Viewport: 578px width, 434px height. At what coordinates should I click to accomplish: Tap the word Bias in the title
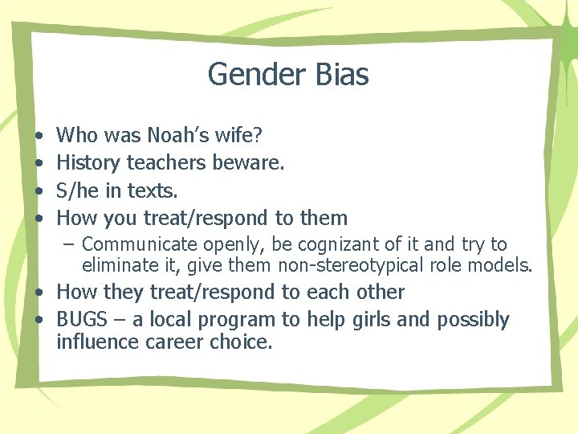[x=337, y=75]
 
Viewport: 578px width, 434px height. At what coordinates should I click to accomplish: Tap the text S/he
[x=78, y=190]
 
